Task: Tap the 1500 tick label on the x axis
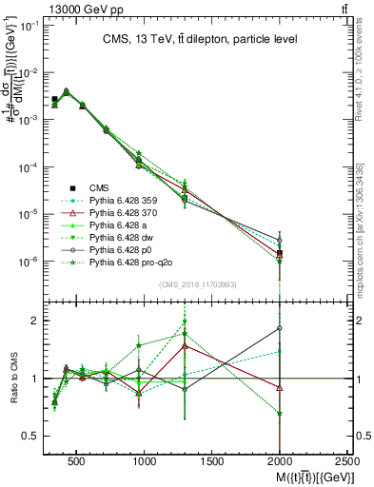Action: (x=213, y=462)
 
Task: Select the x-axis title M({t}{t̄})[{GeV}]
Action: (x=305, y=477)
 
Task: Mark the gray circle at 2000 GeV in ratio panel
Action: (x=280, y=328)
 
